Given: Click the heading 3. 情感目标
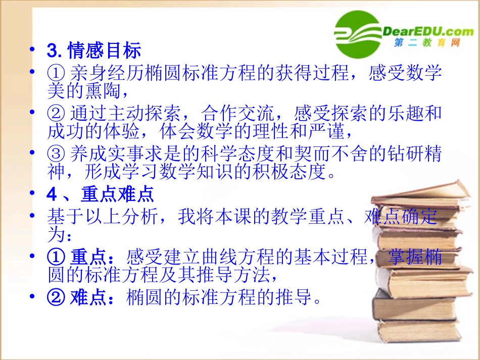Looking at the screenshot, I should pyautogui.click(x=93, y=50).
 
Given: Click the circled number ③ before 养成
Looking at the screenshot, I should pyautogui.click(x=55, y=153).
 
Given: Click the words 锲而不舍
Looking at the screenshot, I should pyautogui.click(x=314, y=153).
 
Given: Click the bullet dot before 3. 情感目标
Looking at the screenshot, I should pyautogui.click(x=33, y=50).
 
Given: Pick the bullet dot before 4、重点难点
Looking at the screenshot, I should pyautogui.click(x=33, y=195).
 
